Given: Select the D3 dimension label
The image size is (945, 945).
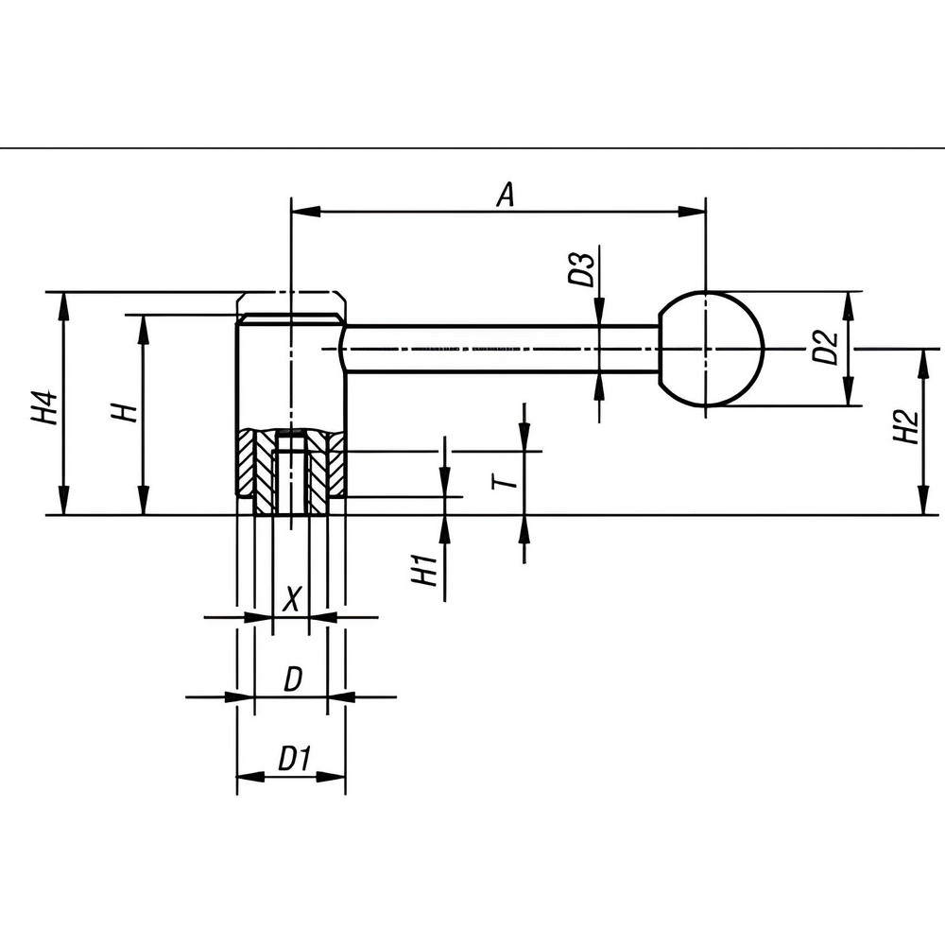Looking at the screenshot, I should [580, 268].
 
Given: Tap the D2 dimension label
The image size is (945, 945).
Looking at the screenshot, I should [825, 348].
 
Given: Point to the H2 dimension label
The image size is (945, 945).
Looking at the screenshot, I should [904, 426].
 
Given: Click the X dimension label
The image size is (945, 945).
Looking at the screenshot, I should [292, 597].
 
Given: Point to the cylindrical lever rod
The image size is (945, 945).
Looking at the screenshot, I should [501, 349].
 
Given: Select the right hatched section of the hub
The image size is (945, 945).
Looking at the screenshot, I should [331, 465].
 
